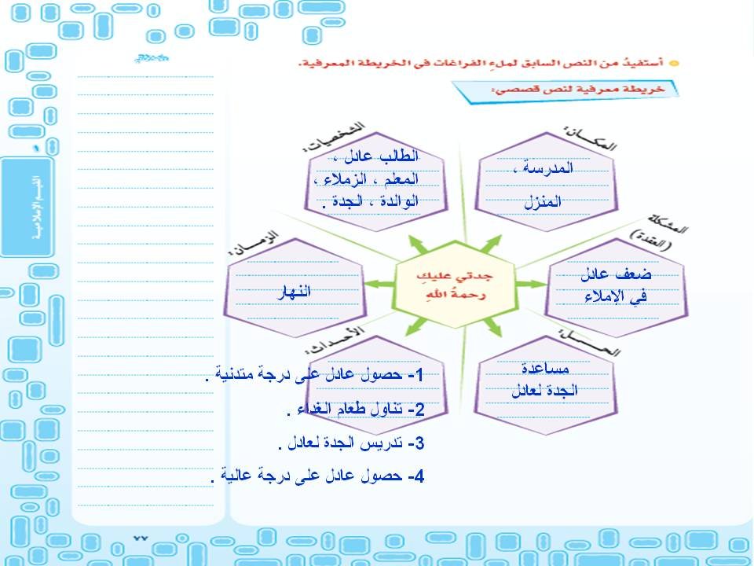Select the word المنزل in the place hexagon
pyautogui.click(x=543, y=202)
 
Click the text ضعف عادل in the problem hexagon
pyautogui.click(x=616, y=274)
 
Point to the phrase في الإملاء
pyautogui.click(x=614, y=297)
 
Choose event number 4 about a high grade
pyautogui.click(x=318, y=476)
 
